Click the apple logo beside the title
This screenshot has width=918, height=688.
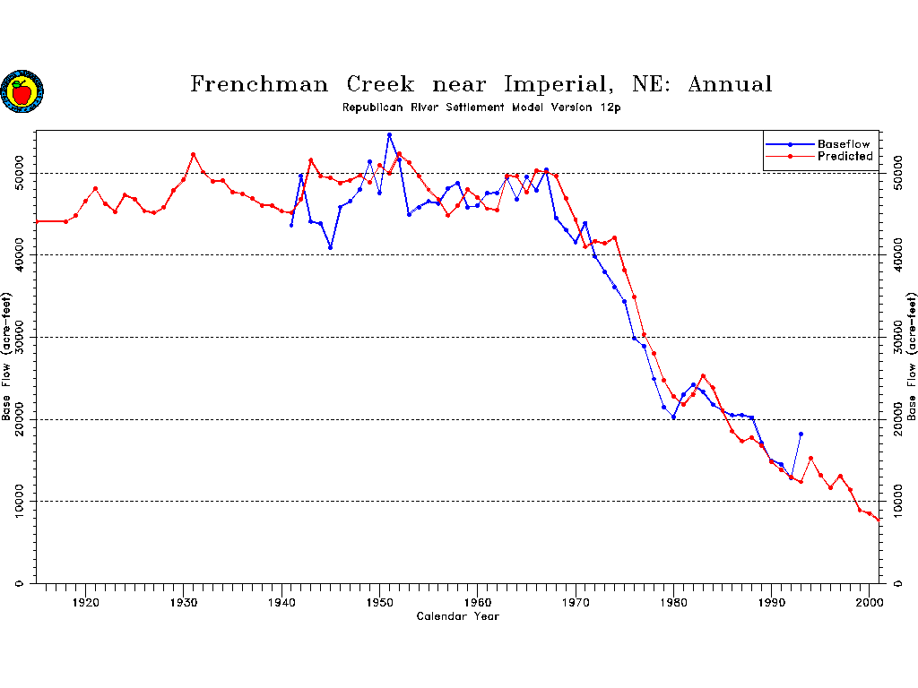pyautogui.click(x=22, y=91)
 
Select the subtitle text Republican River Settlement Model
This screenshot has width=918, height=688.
pyautogui.click(x=443, y=107)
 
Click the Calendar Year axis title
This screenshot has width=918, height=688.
pyautogui.click(x=458, y=616)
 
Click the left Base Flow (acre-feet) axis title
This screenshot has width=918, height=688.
pyautogui.click(x=7, y=357)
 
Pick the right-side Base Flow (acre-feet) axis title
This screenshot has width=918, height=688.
pyautogui.click(x=911, y=357)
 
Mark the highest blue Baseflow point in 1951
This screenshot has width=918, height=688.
pyautogui.click(x=389, y=135)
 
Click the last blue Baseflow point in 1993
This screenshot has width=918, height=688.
pyautogui.click(x=801, y=434)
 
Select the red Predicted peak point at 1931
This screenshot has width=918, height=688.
pyautogui.click(x=193, y=154)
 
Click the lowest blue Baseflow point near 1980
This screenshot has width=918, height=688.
pyautogui.click(x=673, y=417)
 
